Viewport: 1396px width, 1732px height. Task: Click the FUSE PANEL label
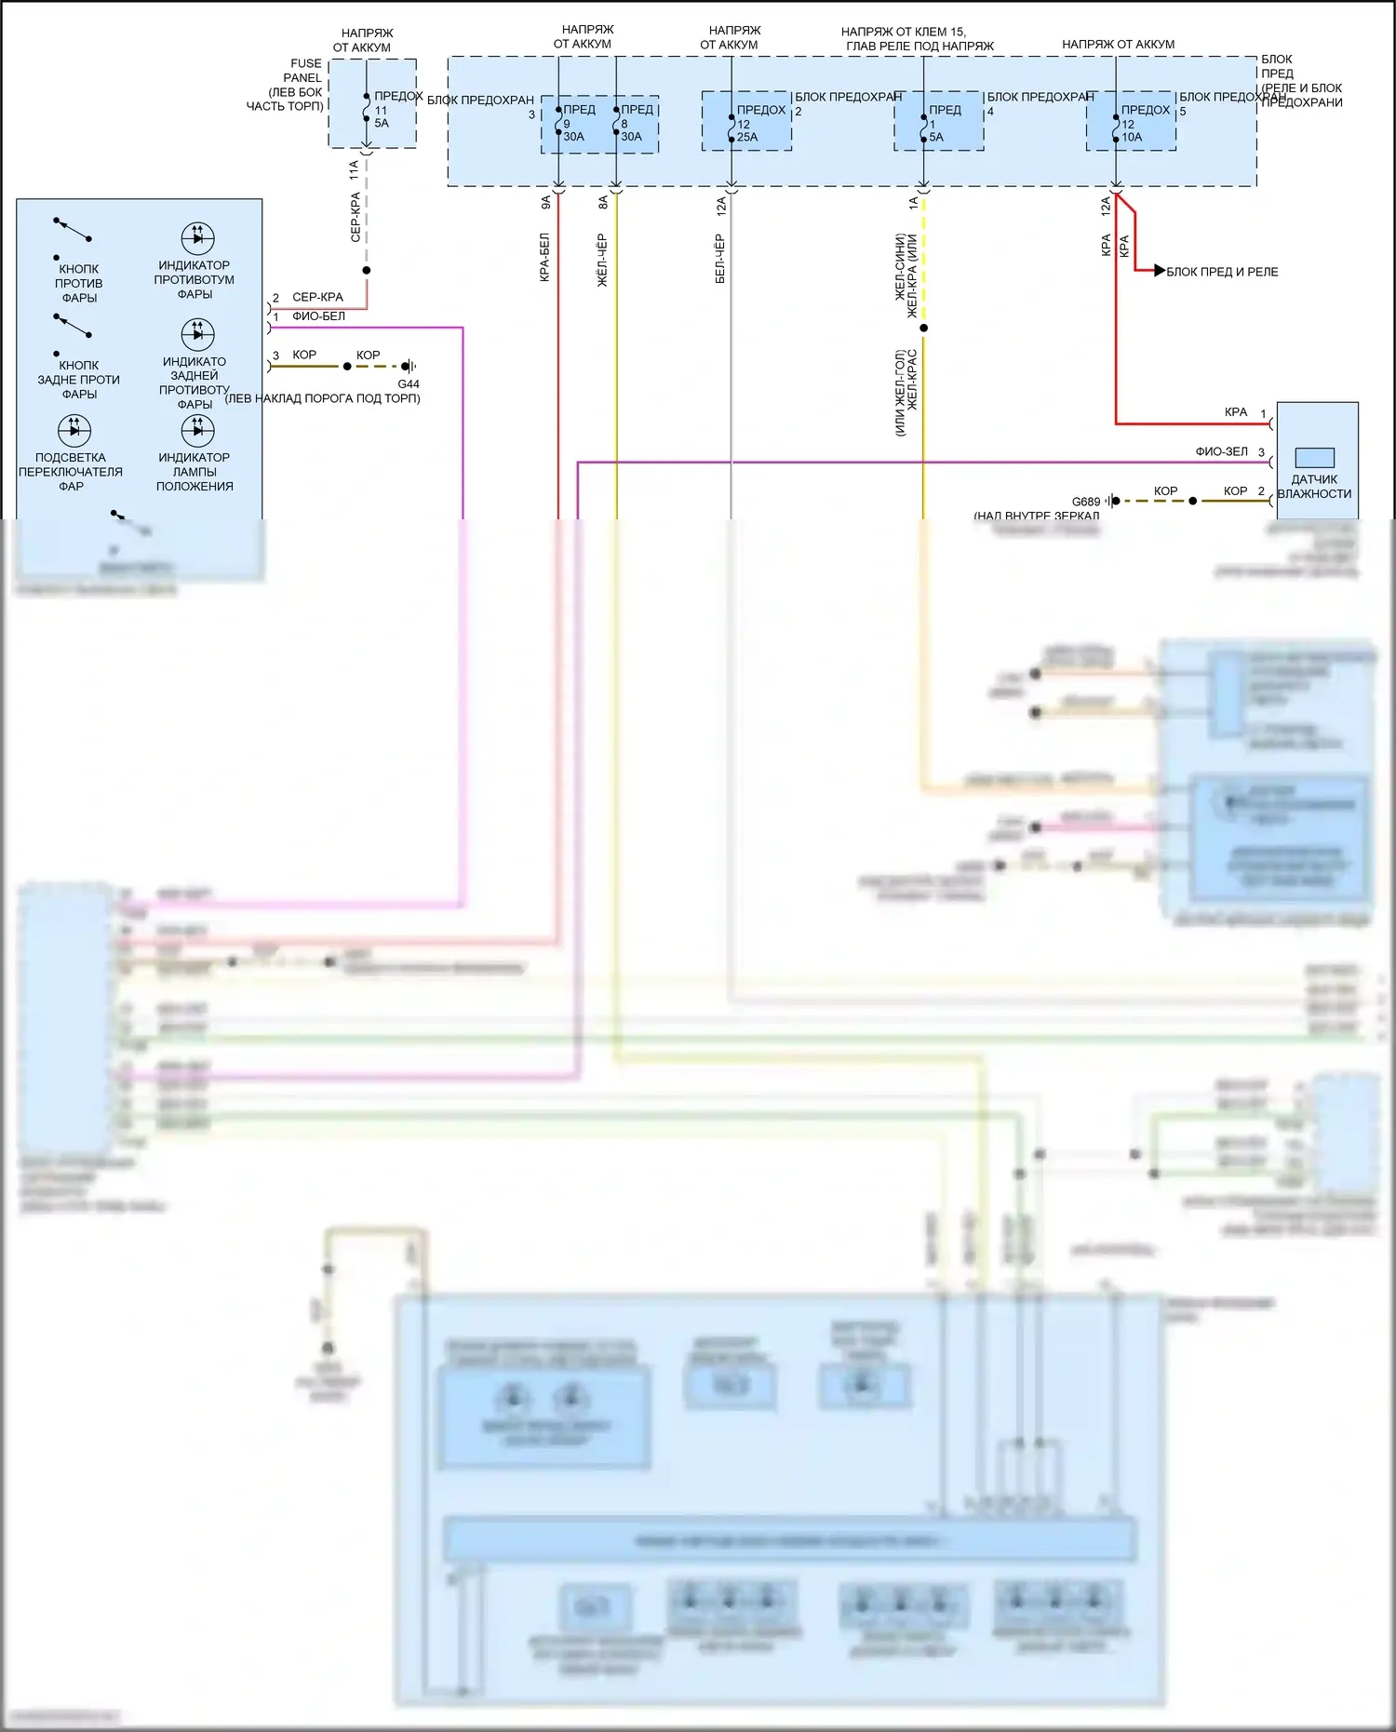tap(304, 71)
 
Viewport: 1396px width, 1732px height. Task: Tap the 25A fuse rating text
tap(747, 137)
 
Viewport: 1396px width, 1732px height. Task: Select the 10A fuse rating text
tap(1132, 137)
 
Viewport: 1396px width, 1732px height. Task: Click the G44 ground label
tap(409, 383)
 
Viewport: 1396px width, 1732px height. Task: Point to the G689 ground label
tap(1085, 502)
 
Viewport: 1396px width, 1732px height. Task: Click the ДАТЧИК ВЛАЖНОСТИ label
tap(1314, 487)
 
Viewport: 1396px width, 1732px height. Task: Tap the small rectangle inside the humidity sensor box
tap(1314, 458)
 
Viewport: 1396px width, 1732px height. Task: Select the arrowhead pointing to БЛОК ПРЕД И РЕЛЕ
tap(1159, 271)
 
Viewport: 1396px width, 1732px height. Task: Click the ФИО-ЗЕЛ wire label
tap(1221, 451)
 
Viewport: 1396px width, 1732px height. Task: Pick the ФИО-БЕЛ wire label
tap(318, 316)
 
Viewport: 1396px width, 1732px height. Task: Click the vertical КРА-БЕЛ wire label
tap(544, 257)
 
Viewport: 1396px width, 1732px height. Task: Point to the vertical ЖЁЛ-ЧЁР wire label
tap(602, 260)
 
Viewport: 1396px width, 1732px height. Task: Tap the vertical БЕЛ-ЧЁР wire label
tap(720, 259)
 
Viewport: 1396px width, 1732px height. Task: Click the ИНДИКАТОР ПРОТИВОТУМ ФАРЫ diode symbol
tap(197, 238)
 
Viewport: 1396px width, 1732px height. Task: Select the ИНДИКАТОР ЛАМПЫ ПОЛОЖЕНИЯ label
tap(195, 472)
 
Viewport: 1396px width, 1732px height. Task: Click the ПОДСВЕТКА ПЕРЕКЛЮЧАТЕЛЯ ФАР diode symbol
tap(74, 430)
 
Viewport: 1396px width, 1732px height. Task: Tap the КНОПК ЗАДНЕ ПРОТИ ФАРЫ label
tap(78, 380)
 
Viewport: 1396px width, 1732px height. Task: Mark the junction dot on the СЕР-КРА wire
tap(367, 271)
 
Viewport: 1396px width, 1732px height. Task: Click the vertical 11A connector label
tap(354, 169)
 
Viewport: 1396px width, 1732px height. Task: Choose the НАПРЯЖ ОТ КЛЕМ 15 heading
tap(919, 38)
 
